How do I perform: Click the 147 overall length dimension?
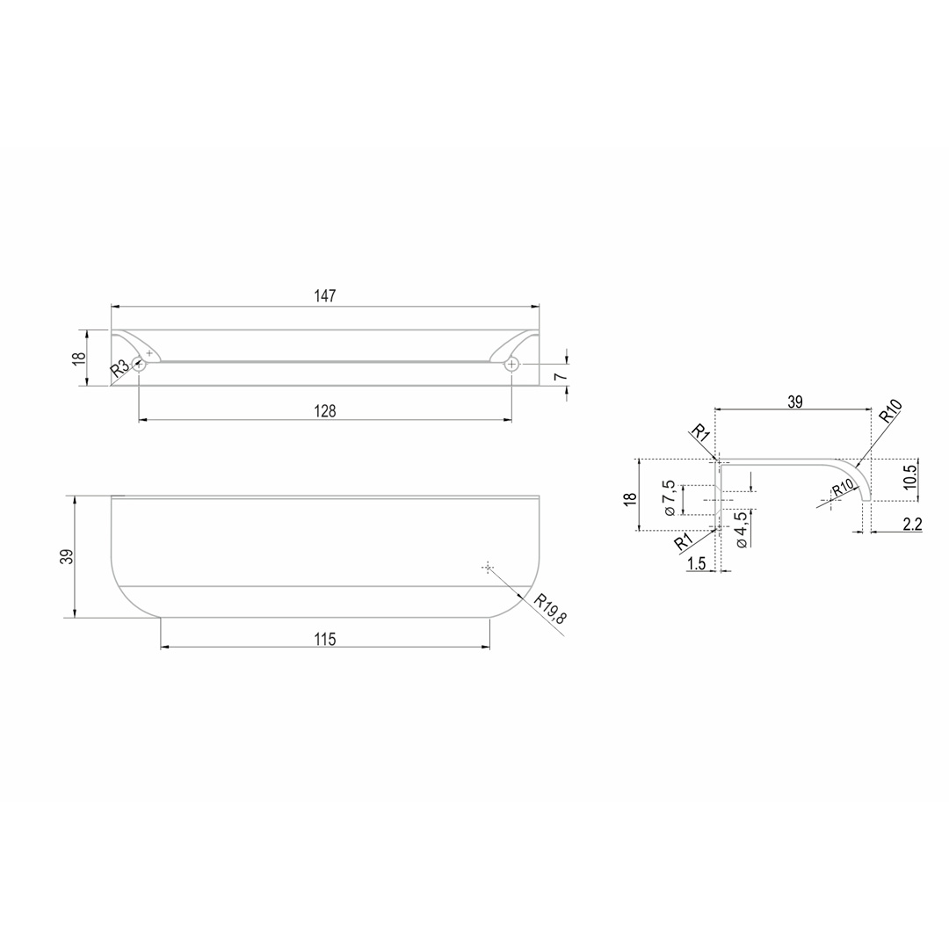pos(325,296)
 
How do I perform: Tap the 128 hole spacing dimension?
pos(325,411)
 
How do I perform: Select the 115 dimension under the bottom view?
pos(325,639)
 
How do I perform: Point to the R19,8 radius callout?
pos(550,609)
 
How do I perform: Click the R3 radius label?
pos(120,368)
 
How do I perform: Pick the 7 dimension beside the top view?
pos(561,376)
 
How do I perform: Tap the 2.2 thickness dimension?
pos(912,524)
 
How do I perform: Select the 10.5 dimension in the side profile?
pos(910,475)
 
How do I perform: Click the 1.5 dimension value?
pos(697,563)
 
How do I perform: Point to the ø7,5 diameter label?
pos(669,497)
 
